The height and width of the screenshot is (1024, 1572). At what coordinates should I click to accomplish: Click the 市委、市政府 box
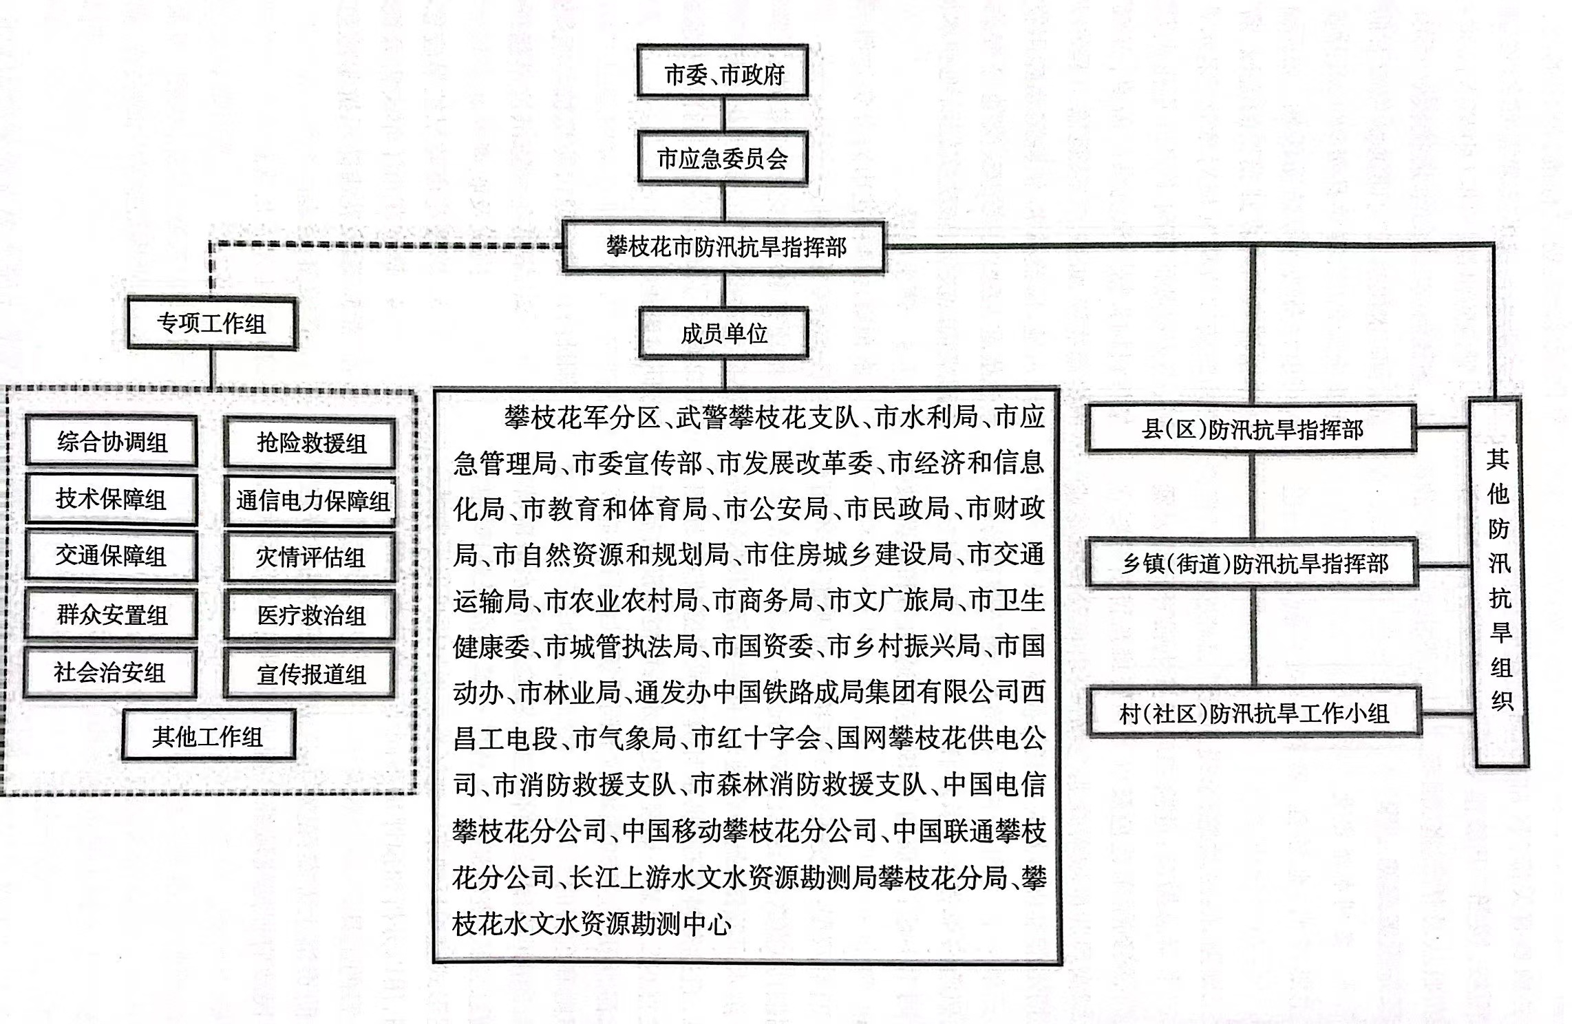(x=722, y=71)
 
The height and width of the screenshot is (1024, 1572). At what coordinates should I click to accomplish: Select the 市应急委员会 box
(x=723, y=158)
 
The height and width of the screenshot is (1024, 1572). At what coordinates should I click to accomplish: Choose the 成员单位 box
(x=723, y=333)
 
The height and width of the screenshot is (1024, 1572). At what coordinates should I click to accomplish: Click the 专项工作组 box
(x=212, y=323)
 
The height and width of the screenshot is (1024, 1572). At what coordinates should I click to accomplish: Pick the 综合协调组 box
(x=111, y=441)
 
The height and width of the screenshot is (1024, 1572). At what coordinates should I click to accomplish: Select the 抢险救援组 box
(x=310, y=443)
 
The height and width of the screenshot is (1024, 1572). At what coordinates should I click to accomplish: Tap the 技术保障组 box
(x=111, y=499)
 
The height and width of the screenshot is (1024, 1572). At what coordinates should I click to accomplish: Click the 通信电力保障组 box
(x=310, y=501)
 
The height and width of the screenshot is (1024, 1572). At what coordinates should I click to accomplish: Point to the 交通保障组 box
(x=111, y=555)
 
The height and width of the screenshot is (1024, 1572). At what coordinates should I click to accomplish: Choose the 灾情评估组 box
(x=310, y=557)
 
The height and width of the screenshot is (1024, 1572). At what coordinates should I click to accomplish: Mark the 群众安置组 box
(x=111, y=615)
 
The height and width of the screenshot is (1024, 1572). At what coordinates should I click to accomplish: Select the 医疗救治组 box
(x=310, y=615)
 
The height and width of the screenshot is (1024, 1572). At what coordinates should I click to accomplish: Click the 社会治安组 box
(x=110, y=672)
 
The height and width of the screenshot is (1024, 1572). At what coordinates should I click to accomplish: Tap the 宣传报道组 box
(x=310, y=674)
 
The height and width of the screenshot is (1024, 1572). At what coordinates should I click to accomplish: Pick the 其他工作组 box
(x=209, y=736)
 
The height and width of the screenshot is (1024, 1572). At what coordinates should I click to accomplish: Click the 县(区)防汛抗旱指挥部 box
(x=1252, y=429)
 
